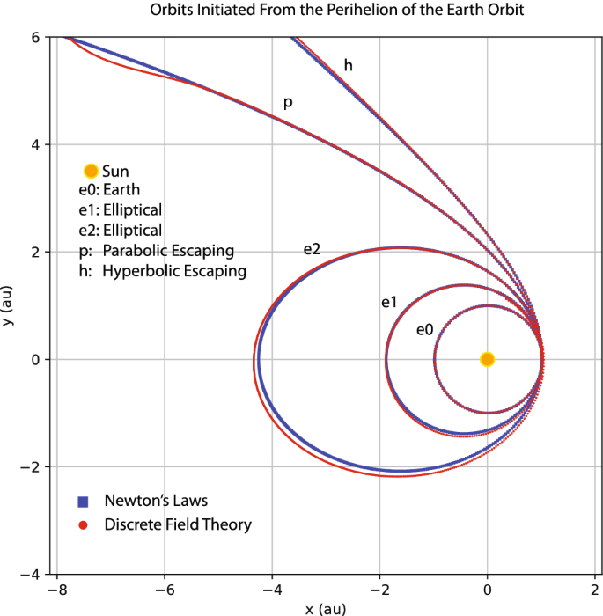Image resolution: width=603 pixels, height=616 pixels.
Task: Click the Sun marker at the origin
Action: [x=487, y=359]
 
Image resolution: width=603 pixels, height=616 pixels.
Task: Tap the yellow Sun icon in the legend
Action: [x=90, y=172]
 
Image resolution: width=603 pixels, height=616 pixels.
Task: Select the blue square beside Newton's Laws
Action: [x=84, y=502]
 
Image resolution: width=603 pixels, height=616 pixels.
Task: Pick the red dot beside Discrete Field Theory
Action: [x=84, y=525]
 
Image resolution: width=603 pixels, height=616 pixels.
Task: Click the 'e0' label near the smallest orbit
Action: [x=424, y=330]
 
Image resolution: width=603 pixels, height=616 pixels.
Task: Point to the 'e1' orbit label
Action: [x=389, y=303]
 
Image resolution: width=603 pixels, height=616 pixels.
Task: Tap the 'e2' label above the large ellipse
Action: [x=312, y=249]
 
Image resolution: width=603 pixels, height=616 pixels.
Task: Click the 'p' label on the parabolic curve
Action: [x=287, y=103]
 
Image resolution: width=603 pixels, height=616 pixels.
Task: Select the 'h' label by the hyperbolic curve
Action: [x=349, y=65]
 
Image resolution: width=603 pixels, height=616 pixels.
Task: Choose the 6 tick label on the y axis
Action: [x=34, y=37]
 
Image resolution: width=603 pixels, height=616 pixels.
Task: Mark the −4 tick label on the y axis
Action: [x=30, y=574]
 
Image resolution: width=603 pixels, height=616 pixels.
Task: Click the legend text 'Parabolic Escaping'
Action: [x=168, y=251]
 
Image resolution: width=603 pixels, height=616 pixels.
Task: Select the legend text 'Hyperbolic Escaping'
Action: [x=174, y=271]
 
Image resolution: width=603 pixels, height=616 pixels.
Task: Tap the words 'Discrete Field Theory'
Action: [x=178, y=525]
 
